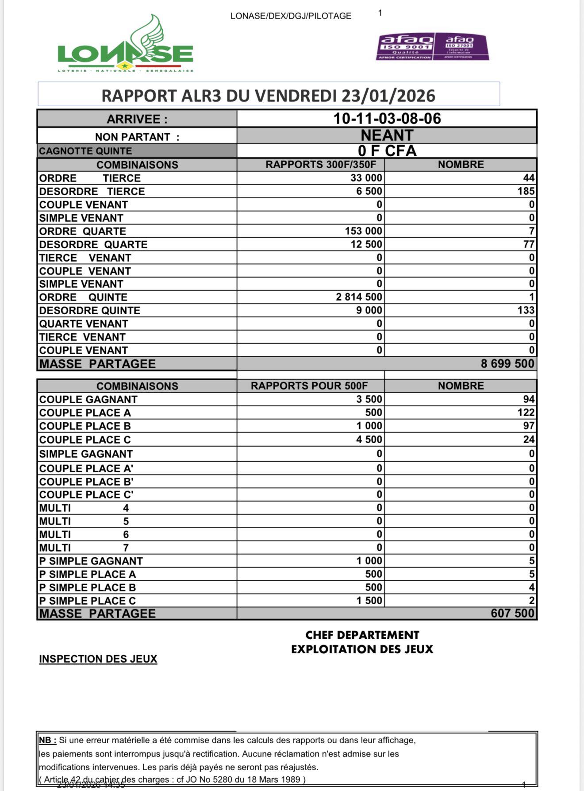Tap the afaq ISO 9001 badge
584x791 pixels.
click(x=405, y=46)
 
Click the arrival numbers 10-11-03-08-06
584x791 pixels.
click(x=387, y=119)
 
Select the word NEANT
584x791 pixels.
click(x=387, y=135)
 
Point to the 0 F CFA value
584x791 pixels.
click(x=387, y=151)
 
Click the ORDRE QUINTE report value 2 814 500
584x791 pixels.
click(x=359, y=297)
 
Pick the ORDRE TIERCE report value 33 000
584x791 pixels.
click(x=366, y=178)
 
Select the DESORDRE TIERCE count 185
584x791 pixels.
click(x=526, y=191)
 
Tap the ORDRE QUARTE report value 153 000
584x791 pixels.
click(x=363, y=231)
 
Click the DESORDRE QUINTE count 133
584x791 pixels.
click(x=526, y=310)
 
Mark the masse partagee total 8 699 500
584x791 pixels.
click(x=507, y=364)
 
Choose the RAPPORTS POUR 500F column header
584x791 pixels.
click(x=309, y=386)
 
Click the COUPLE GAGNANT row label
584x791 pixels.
click(x=88, y=399)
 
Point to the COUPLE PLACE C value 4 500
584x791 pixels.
click(x=369, y=440)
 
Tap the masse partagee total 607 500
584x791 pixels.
click(x=512, y=614)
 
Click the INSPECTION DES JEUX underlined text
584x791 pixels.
click(x=98, y=659)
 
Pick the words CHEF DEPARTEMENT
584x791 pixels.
click(x=362, y=635)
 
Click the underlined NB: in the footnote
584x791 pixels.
click(x=47, y=740)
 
